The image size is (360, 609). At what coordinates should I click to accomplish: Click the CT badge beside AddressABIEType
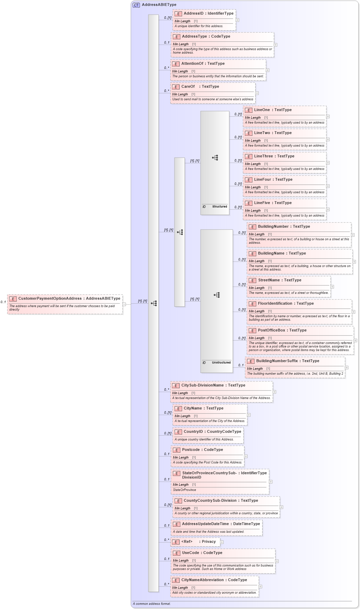click(x=136, y=5)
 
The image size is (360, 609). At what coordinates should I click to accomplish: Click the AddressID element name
click(x=193, y=14)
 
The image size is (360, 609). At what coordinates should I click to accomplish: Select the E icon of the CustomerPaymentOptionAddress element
click(x=13, y=299)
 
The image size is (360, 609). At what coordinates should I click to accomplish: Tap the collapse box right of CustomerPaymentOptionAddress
click(x=124, y=304)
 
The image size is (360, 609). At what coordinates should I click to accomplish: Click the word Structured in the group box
click(x=219, y=206)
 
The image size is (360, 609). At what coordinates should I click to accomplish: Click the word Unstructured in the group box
click(x=221, y=362)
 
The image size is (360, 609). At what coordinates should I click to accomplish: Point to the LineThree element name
click(x=264, y=156)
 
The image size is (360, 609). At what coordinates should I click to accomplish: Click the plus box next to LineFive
click(x=328, y=209)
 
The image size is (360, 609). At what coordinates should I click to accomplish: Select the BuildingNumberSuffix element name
click(x=277, y=361)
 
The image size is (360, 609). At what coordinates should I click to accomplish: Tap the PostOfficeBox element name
click(x=271, y=330)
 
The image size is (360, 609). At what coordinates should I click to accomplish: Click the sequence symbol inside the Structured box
click(x=215, y=158)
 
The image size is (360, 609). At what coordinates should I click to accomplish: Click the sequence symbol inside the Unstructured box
click(x=217, y=295)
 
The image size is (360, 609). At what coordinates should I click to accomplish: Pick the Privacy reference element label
click(x=209, y=541)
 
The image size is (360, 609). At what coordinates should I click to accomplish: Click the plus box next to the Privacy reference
click(x=222, y=542)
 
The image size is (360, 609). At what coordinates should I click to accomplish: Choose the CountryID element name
click(x=193, y=432)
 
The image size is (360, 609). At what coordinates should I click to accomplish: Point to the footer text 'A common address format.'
click(x=152, y=604)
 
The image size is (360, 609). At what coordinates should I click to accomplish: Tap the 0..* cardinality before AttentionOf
click(x=166, y=68)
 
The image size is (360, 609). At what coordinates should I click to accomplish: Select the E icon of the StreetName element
click(x=252, y=281)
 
